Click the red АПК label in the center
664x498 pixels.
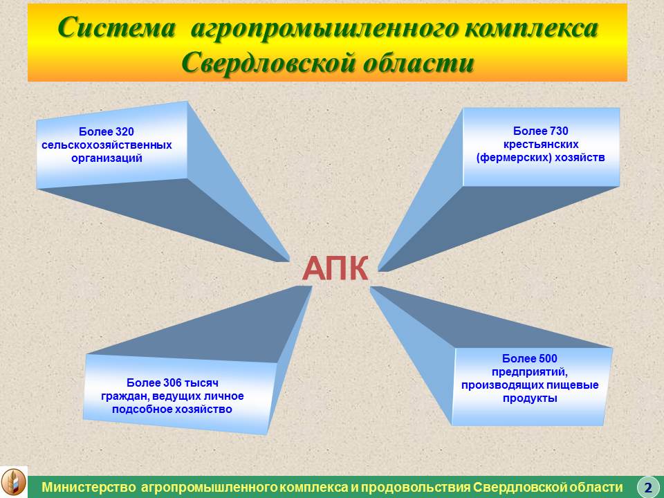pos(335,268)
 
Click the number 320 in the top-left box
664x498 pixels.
pos(124,131)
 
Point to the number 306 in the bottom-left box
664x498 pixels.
pos(172,382)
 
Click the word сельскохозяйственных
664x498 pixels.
pos(107,145)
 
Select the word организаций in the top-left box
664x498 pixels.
pos(107,158)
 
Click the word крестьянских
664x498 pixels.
pos(541,145)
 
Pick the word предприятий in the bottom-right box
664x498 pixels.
pos(529,372)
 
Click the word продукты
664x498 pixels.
pos(530,398)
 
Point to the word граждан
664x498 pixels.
pos(125,396)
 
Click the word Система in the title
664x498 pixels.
pos(116,28)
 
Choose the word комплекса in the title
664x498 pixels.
pos(531,28)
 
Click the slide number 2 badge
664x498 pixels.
pos(647,486)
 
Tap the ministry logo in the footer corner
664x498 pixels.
pos(14,482)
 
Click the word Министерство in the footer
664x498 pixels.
pos(89,487)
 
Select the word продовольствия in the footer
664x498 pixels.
pos(414,487)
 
